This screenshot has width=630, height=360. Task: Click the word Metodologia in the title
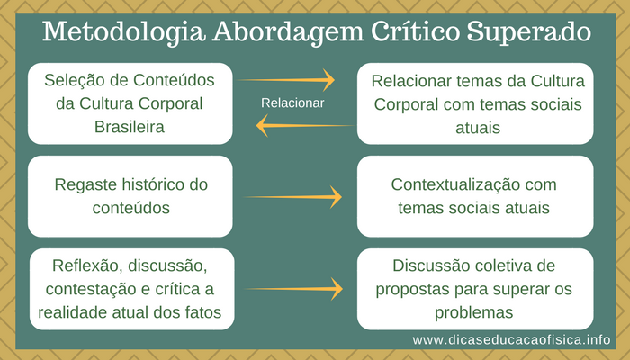(x=124, y=32)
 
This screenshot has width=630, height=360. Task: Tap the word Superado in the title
(x=529, y=32)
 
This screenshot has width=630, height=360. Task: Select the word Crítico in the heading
(x=415, y=31)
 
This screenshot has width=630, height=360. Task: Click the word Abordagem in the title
(x=289, y=32)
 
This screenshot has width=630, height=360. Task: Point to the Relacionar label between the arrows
(x=292, y=103)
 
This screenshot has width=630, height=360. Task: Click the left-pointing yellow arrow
(x=305, y=125)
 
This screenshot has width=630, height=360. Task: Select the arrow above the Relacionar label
(x=285, y=80)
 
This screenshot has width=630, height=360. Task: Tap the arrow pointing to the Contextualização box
(x=292, y=197)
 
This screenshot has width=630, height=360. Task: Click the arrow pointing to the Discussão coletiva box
(x=293, y=289)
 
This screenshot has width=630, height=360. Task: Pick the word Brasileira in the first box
(x=130, y=127)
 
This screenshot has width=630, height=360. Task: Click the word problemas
(x=474, y=312)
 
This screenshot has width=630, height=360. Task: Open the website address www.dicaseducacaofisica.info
(x=511, y=340)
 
